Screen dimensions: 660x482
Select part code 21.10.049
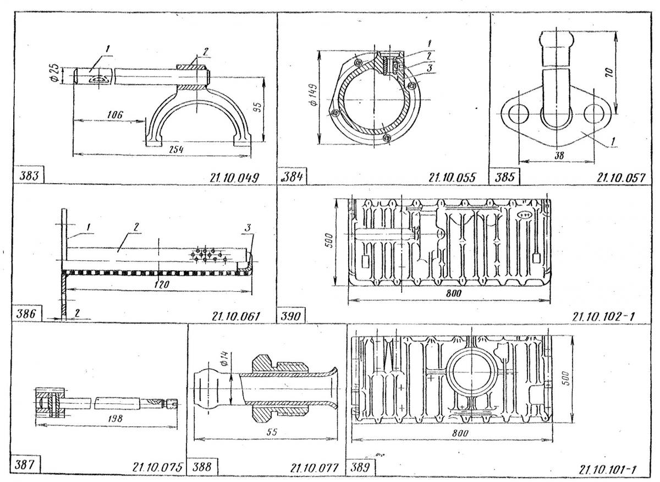[234, 178]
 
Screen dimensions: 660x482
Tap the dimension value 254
[177, 150]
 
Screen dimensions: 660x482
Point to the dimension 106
[114, 114]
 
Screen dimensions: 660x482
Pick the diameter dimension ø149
[314, 95]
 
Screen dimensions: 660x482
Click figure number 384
[293, 177]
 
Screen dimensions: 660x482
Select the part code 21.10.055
[452, 178]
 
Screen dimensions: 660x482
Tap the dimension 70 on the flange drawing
[609, 73]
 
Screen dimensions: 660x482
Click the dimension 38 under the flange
[559, 155]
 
